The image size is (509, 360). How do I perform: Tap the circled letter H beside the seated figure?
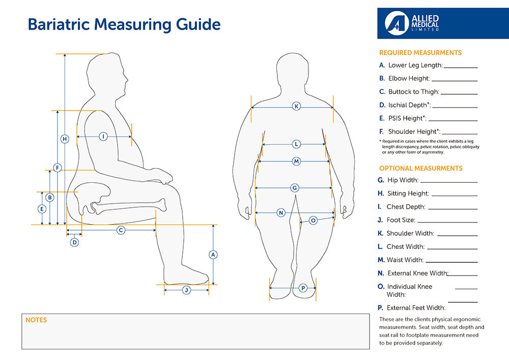tap(65, 139)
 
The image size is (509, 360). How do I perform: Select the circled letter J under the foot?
tap(186, 290)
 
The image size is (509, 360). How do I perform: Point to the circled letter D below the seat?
tap(74, 242)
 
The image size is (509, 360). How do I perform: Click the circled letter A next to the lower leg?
tap(214, 254)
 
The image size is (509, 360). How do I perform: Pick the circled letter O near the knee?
tap(313, 220)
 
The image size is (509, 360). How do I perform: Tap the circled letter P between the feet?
tap(303, 288)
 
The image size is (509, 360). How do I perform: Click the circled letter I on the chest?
tap(103, 136)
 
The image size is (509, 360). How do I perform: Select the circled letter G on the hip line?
tap(294, 188)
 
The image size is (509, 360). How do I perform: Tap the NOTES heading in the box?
tap(36, 320)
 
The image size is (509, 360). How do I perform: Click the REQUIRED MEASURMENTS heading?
tap(420, 52)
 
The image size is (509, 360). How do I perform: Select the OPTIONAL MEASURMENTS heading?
tap(420, 168)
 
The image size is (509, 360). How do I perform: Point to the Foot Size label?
tap(401, 220)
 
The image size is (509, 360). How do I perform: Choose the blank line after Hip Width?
tap(449, 181)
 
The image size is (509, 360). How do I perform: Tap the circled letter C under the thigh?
tap(121, 230)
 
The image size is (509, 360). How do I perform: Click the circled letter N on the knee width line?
tap(280, 212)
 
